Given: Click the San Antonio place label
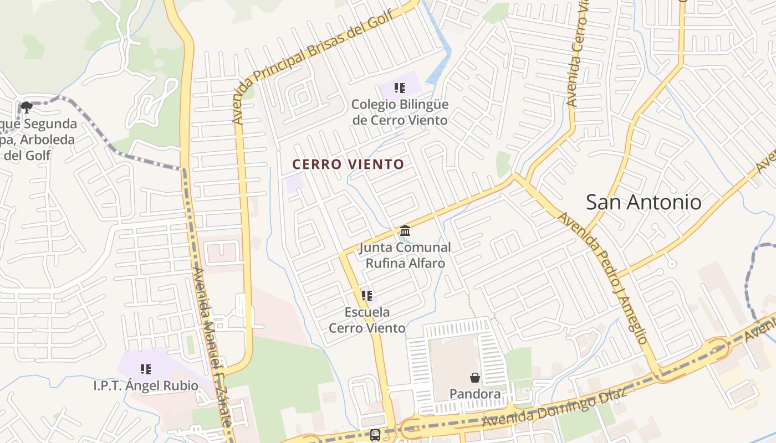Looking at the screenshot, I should coord(644,202).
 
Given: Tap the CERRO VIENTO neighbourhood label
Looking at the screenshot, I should coord(348,164).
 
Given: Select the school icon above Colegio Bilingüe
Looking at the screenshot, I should coord(400,88).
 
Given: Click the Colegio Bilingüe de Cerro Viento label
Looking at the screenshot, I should coord(400,112).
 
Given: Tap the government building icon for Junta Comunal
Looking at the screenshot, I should coord(405,230).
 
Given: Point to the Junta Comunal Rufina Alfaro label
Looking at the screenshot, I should coord(405,255).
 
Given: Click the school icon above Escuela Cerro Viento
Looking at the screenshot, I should coord(366,296).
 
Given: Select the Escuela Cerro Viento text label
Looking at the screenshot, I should coord(367,320).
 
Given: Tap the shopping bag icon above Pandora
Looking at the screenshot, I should coord(475,378).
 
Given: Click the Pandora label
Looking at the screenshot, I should coord(475,394).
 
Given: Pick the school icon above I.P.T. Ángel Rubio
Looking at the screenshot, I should coord(146,369).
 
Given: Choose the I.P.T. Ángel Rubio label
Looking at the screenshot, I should coord(146,385).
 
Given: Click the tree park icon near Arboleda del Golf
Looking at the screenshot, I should coord(26,107).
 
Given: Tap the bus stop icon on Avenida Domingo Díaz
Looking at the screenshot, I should coord(375,435).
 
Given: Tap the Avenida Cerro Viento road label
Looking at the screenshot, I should coord(577,55).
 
